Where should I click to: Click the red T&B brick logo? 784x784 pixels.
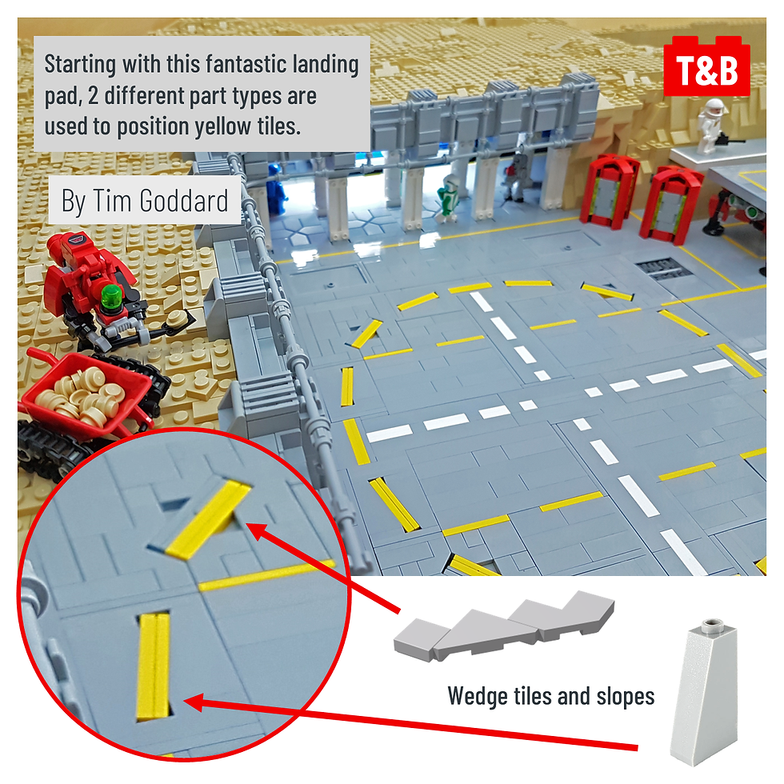point(706,66)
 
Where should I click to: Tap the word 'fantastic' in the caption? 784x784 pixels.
point(246,64)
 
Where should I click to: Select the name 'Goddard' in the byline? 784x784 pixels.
point(184,201)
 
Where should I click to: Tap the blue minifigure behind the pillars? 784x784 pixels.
point(277,190)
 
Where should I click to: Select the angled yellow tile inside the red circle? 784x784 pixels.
point(207,519)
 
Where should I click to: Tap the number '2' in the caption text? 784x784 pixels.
point(93,96)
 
